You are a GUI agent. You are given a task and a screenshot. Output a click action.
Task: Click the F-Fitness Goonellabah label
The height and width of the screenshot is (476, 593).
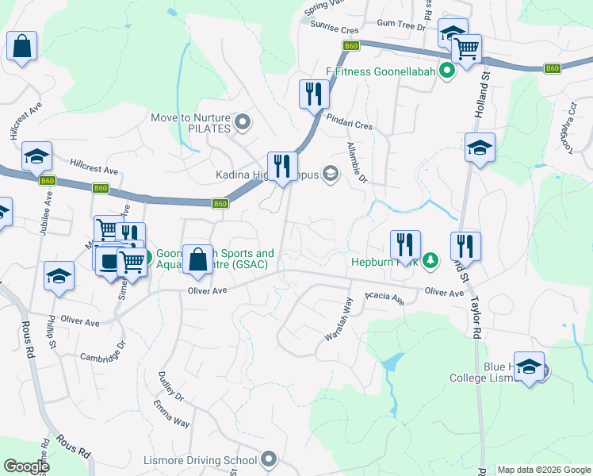[382, 71]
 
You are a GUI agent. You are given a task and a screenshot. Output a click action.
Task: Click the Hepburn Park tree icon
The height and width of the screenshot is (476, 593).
[430, 259]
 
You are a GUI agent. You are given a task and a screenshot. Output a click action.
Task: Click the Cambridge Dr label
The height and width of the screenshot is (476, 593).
[103, 352]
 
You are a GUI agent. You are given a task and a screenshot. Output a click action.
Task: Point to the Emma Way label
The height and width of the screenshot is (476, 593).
[171, 414]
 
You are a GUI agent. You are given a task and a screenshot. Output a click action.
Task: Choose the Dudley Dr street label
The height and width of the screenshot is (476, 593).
[170, 386]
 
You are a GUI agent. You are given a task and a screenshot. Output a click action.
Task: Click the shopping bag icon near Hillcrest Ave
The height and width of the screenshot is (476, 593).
[21, 45]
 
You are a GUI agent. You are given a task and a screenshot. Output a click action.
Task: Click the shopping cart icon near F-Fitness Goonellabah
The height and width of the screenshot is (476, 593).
[466, 47]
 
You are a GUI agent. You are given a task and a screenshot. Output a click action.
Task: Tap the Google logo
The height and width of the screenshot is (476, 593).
[26, 466]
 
